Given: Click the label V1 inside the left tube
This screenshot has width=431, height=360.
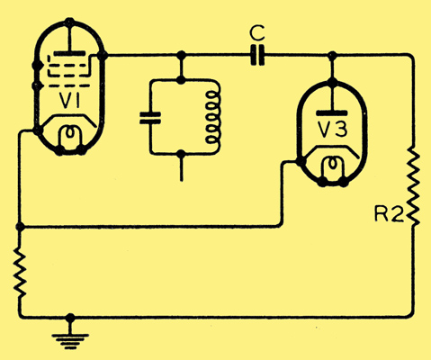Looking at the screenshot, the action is (x=69, y=100).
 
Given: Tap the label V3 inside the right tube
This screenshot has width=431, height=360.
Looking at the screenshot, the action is (x=332, y=130).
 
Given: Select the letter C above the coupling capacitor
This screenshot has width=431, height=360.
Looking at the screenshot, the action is (x=257, y=33).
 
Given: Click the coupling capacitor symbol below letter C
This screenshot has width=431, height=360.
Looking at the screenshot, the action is (x=257, y=55).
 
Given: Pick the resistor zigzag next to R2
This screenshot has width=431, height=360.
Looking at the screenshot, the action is (x=413, y=186).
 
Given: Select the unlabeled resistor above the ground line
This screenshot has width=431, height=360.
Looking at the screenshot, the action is (x=20, y=272).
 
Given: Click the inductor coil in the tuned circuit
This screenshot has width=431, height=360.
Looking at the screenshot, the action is (x=213, y=120).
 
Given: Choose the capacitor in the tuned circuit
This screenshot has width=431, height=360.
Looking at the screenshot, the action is (x=150, y=118).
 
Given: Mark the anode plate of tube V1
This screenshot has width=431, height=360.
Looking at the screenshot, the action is (x=69, y=54).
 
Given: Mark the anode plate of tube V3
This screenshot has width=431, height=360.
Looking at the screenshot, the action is (x=332, y=113).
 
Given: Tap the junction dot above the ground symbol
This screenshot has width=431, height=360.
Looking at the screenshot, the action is (x=70, y=318).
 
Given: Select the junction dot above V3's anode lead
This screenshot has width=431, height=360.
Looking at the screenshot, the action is (x=332, y=56).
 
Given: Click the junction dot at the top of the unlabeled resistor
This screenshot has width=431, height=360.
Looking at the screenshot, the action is (x=20, y=227).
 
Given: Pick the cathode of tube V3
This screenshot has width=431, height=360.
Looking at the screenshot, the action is (x=332, y=150).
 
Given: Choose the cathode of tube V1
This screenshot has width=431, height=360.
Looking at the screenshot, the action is (x=69, y=119).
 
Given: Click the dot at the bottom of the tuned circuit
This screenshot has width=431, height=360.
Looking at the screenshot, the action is (x=181, y=154).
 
